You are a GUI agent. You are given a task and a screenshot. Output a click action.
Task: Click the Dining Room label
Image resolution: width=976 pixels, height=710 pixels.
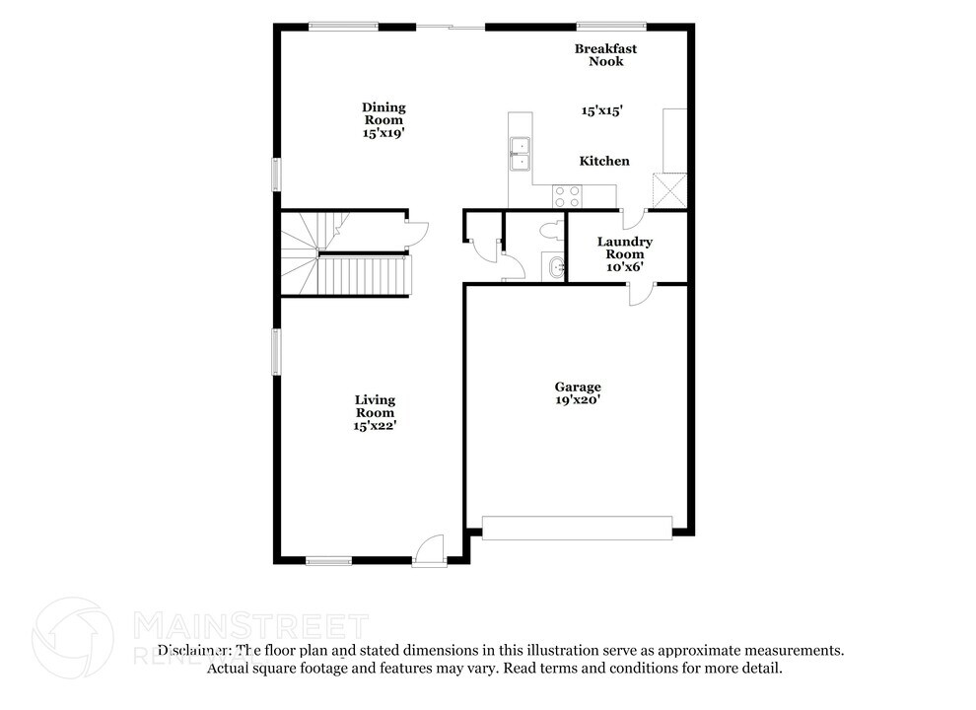(383, 113)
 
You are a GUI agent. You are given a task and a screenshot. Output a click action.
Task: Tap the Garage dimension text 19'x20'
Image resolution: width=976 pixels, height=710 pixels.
(577, 400)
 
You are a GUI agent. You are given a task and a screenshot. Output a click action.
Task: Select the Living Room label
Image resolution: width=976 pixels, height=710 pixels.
(375, 406)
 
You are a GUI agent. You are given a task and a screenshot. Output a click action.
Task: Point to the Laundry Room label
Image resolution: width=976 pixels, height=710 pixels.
(624, 248)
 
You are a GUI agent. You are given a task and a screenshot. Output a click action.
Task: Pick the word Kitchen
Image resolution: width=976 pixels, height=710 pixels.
(603, 161)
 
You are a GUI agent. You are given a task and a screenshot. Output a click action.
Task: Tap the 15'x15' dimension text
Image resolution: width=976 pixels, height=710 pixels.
(600, 111)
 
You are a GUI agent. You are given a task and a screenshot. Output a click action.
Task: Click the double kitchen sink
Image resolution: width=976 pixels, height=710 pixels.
(520, 155)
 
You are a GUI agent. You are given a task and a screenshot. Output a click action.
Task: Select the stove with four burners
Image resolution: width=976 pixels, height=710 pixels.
(566, 195)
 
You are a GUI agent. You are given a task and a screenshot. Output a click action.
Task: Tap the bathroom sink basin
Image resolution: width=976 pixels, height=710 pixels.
(556, 266)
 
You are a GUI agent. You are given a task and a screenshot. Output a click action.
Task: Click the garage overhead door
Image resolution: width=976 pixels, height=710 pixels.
(577, 528)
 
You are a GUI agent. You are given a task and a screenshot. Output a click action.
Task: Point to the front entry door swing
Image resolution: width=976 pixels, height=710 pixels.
(430, 549)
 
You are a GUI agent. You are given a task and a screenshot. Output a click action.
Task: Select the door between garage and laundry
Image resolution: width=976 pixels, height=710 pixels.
(641, 293)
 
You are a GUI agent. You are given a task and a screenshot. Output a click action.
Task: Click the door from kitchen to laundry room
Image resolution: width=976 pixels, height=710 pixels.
(632, 219)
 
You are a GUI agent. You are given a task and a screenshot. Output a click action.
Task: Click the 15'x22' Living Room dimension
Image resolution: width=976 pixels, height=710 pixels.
(376, 426)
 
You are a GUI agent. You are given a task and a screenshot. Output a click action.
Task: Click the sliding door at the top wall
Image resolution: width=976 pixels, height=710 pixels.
(451, 27)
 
